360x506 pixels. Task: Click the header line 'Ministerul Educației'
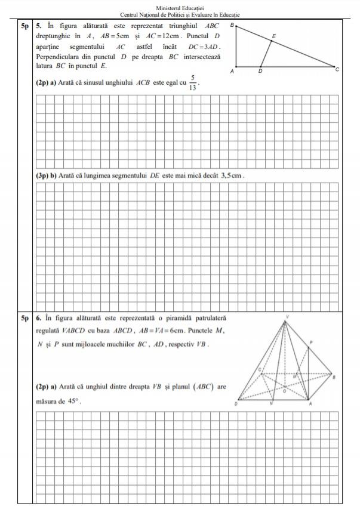[x=180, y=7]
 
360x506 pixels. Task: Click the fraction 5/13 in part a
[x=193, y=82]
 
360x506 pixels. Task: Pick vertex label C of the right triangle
[x=337, y=70]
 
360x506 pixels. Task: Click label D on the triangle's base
[x=260, y=71]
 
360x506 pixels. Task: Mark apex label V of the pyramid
[x=287, y=316]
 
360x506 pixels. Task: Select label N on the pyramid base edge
[x=271, y=404]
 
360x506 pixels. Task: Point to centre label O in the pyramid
[x=284, y=391]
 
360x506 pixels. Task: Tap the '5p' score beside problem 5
[x=24, y=26]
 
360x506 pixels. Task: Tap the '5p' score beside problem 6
[x=24, y=319]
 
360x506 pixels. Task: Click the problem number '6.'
[x=38, y=319]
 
